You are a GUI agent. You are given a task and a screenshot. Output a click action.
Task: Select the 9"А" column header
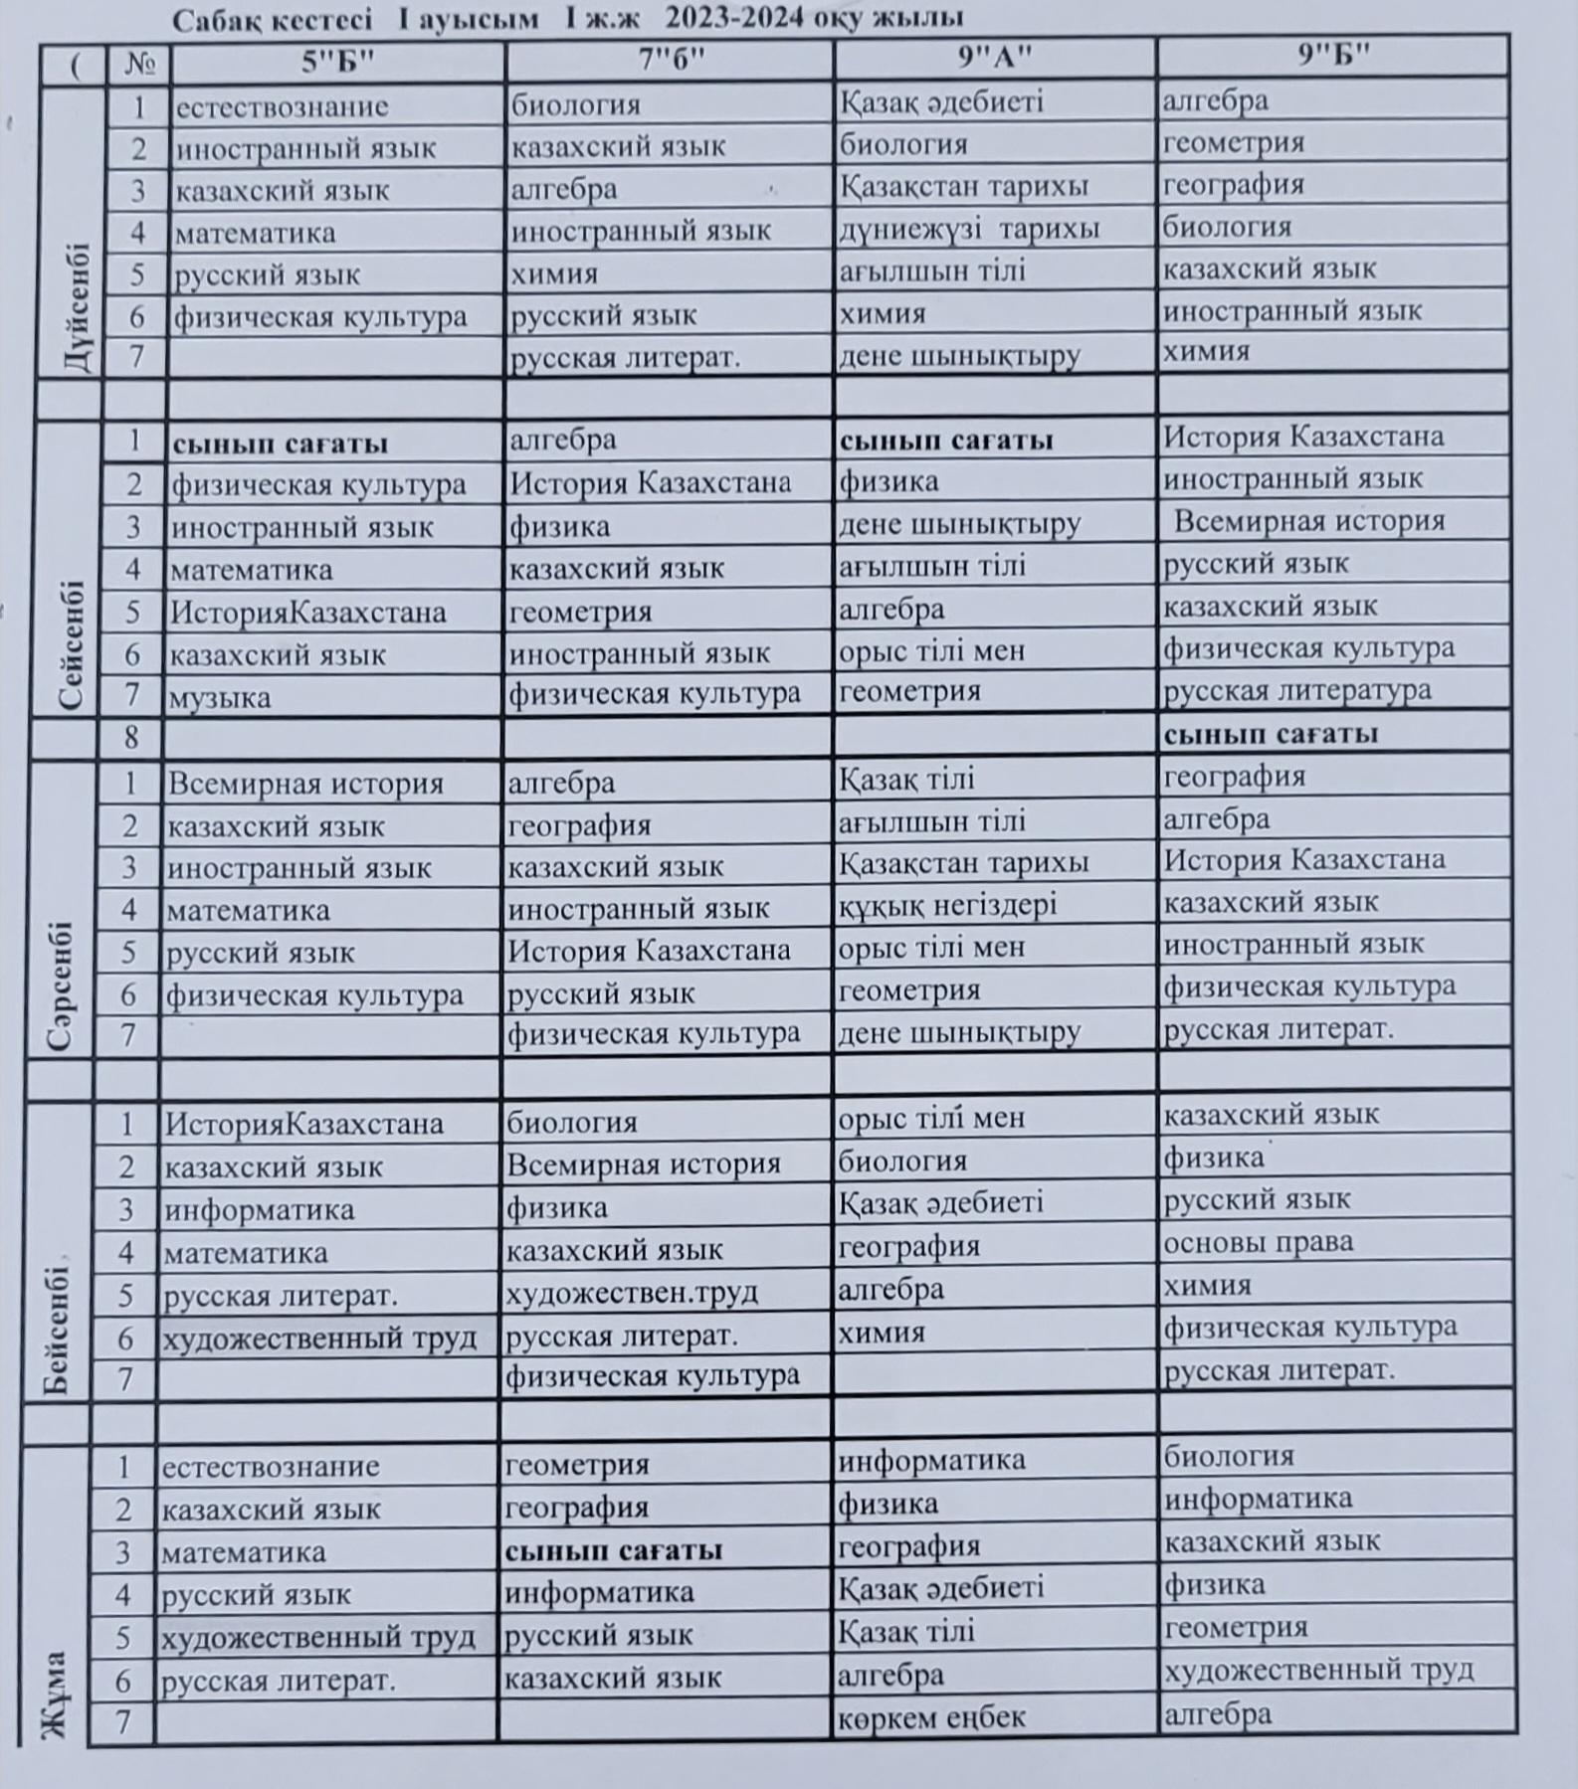995,58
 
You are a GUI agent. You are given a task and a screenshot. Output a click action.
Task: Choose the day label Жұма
55,1695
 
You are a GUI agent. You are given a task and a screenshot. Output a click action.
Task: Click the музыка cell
220,697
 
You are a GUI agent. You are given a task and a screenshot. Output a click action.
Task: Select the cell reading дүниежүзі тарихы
969,229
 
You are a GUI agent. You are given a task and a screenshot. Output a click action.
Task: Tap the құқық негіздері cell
947,905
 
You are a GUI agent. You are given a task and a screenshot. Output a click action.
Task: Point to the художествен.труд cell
632,1293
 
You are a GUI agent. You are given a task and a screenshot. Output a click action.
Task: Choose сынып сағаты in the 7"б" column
613,1550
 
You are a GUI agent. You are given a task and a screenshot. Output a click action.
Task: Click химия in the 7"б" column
554,273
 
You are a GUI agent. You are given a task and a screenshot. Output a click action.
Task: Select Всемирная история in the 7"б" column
644,1164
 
